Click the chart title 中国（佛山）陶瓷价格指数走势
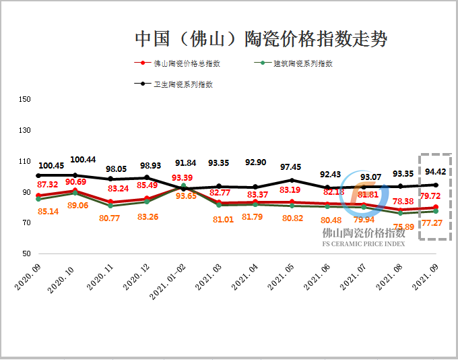click(261, 38)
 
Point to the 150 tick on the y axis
click(26, 100)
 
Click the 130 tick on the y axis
click(26, 131)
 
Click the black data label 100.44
click(83, 160)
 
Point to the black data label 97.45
click(291, 167)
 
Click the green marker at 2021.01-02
click(184, 185)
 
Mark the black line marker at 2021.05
click(292, 180)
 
